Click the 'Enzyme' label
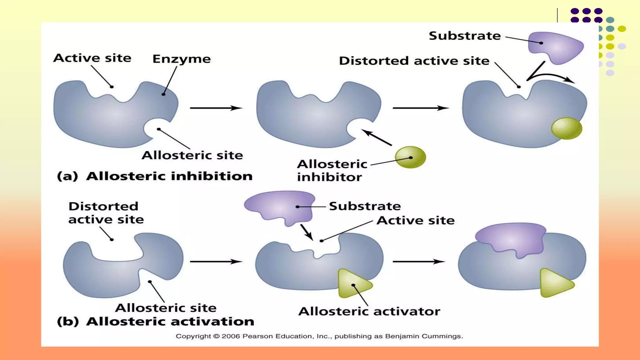[182, 59]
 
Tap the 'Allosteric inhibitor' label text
[332, 171]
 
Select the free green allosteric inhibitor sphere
[410, 157]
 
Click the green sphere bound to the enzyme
[567, 128]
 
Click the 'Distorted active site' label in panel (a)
[414, 61]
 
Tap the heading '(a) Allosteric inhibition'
[155, 176]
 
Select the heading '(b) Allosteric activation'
[155, 322]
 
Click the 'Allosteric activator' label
[369, 312]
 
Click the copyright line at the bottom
[319, 336]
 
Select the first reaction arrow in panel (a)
[216, 108]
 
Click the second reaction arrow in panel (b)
[419, 261]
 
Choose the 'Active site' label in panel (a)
[92, 58]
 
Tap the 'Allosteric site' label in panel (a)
[192, 155]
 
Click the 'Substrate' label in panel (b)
[365, 206]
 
